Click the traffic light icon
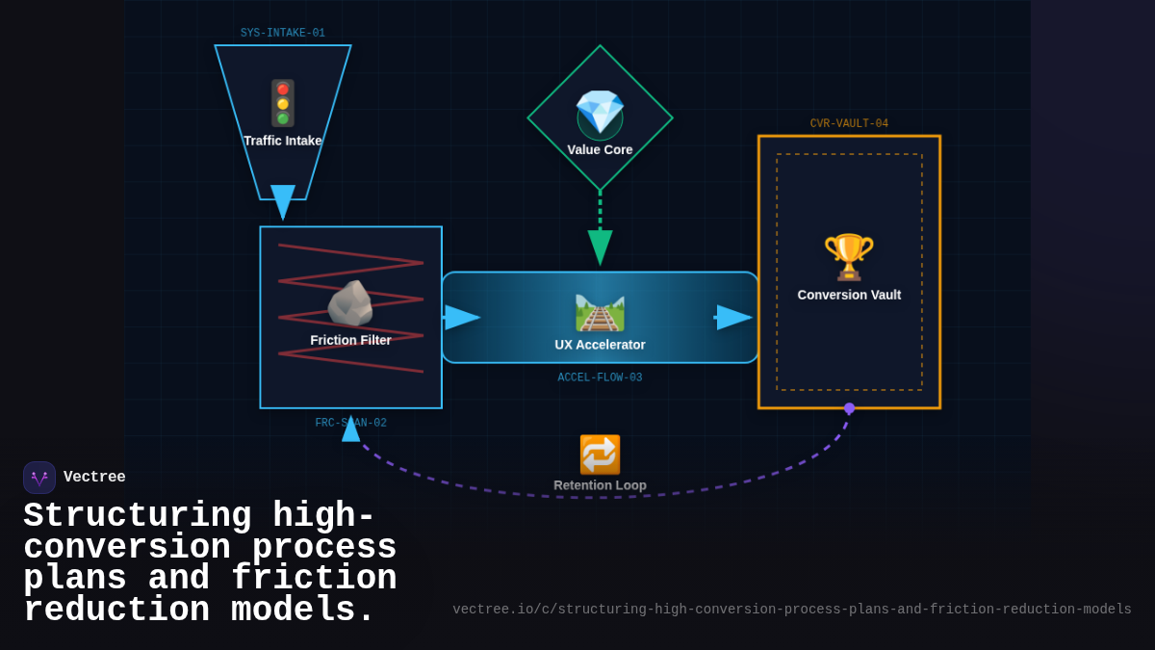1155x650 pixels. (282, 103)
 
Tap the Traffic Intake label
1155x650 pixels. (282, 141)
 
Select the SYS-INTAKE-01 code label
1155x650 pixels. (282, 34)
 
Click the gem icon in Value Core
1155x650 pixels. (600, 114)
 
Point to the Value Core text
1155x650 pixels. (600, 150)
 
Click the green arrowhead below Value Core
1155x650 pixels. (600, 247)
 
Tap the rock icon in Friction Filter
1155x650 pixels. (349, 304)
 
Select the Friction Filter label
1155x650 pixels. (350, 340)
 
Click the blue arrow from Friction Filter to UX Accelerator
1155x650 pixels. (461, 318)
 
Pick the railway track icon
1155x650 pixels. (600, 312)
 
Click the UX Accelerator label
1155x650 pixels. (600, 345)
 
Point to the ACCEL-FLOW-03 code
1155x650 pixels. (600, 378)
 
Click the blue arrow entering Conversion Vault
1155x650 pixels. (733, 318)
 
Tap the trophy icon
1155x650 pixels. (848, 257)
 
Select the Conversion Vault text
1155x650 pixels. (849, 295)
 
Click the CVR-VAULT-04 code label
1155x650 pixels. (849, 124)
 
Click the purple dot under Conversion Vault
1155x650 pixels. (849, 408)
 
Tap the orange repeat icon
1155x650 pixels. (600, 455)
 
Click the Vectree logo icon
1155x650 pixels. (39, 478)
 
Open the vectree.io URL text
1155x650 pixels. (791, 610)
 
